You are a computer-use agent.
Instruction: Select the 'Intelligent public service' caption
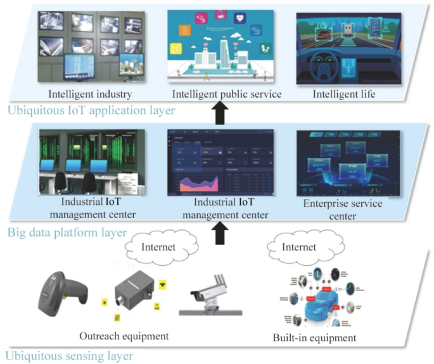coord(219,94)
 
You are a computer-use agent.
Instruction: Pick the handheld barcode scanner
coord(67,291)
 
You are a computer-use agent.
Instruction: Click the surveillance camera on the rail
coord(209,293)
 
